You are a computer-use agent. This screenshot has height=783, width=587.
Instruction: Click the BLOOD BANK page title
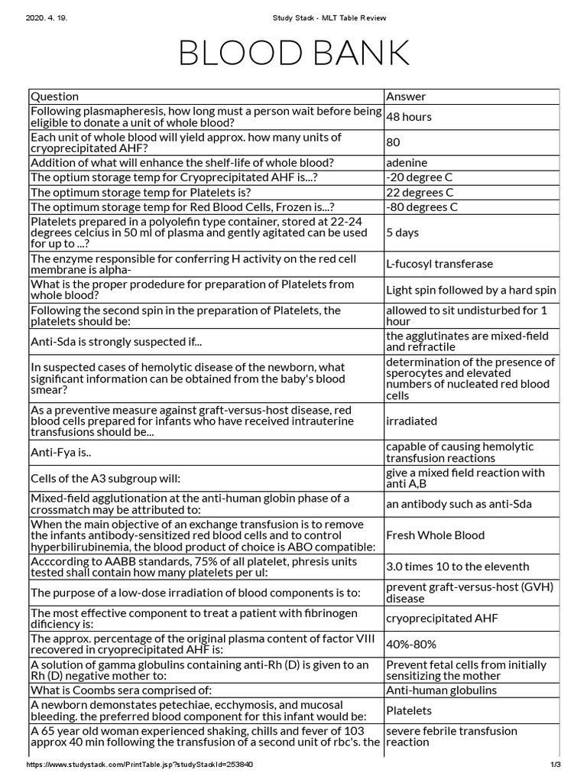293,53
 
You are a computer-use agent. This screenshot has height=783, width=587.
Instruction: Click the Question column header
54,96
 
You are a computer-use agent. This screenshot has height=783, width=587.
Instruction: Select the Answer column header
406,96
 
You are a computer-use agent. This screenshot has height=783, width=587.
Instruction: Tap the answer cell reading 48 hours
409,117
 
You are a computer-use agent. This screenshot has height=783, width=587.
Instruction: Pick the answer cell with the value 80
394,142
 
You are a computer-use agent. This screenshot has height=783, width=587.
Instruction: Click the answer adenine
407,163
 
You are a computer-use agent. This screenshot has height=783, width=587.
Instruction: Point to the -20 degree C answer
420,177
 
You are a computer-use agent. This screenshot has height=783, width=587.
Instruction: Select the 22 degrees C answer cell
420,193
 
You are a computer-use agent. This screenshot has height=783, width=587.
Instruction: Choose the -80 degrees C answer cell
422,207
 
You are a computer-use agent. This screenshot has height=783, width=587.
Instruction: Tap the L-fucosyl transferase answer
439,264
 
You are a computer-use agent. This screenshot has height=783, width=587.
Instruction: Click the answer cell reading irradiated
412,421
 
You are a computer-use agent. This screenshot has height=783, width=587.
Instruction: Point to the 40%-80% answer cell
411,645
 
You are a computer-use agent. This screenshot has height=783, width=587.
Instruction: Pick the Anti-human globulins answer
441,690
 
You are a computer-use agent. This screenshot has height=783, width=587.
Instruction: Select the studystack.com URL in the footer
139,765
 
